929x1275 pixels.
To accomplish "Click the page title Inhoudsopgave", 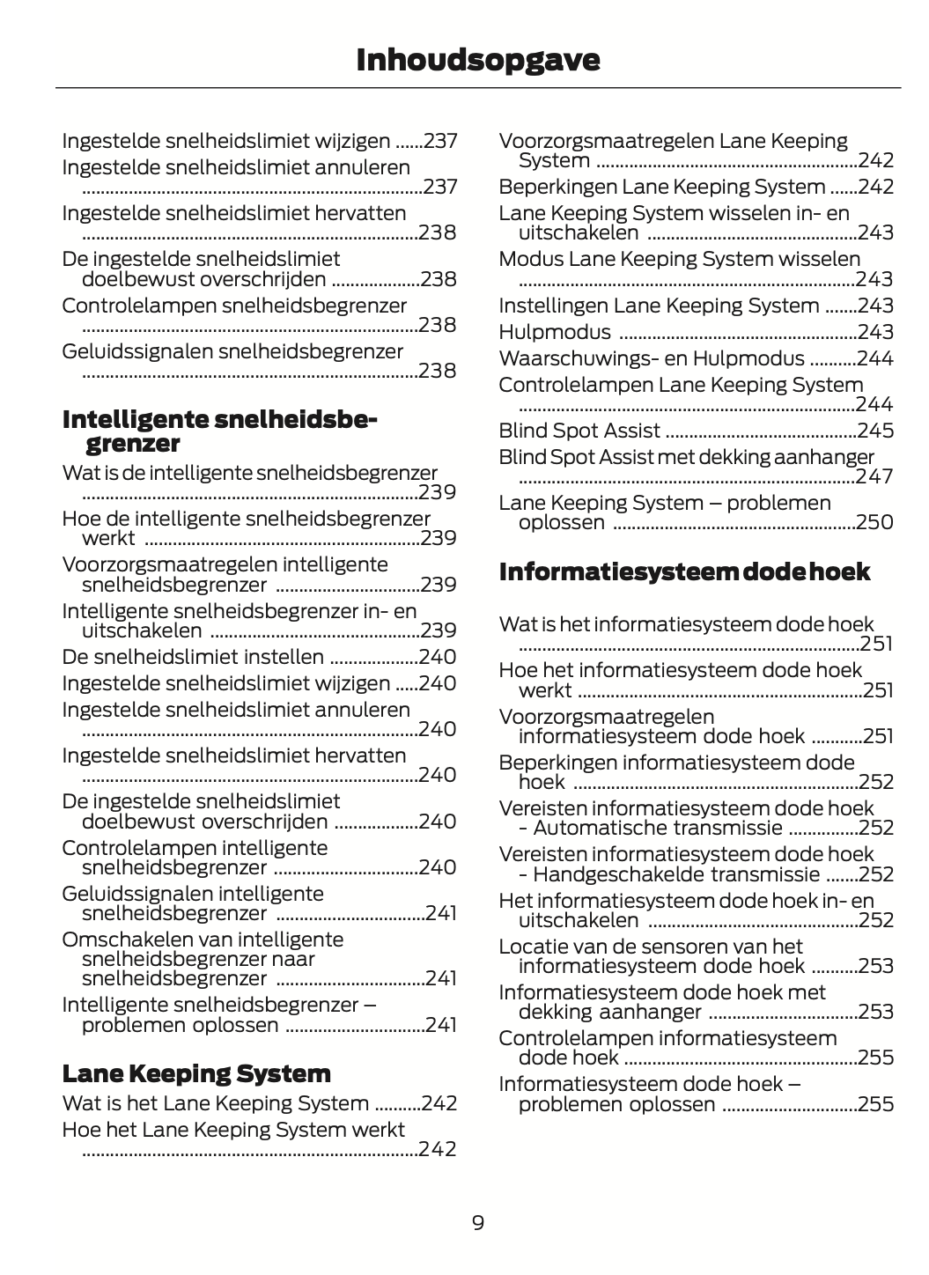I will [x=478, y=60].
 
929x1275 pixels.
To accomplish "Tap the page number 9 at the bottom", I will [x=478, y=1222].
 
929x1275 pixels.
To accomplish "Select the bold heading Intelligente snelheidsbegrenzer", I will [x=219, y=431].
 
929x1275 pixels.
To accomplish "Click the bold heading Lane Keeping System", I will [x=196, y=1073].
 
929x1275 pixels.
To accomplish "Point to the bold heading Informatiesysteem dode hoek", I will [x=684, y=572].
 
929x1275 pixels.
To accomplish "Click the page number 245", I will [x=875, y=431].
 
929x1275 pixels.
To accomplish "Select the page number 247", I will [x=875, y=476].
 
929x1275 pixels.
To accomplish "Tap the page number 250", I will [x=875, y=522].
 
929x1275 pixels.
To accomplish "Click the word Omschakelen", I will [x=122, y=940].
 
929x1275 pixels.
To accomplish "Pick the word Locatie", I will [x=531, y=947].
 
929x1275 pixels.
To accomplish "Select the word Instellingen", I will [x=552, y=306].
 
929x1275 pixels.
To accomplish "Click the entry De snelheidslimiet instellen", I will [x=193, y=657].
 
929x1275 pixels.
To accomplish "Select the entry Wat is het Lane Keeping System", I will [x=216, y=1103].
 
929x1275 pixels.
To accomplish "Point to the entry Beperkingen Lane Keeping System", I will [x=662, y=187].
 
